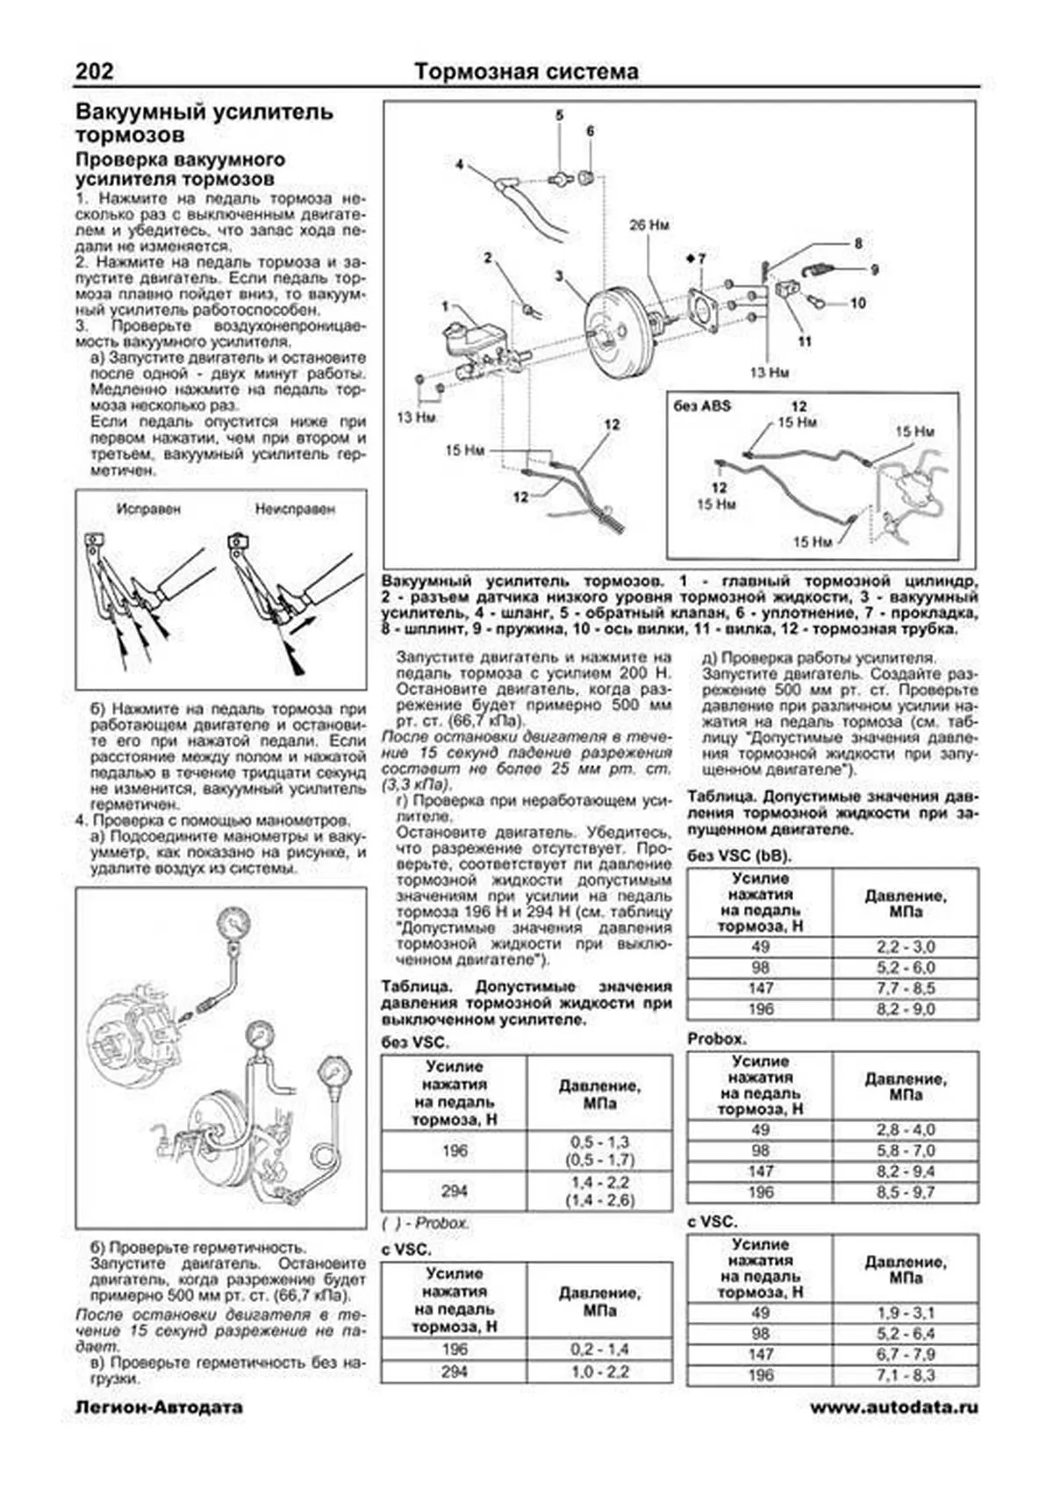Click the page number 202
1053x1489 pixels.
[94, 71]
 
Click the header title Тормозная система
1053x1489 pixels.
[526, 71]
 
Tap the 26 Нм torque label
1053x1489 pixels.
[648, 225]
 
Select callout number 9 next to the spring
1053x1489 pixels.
[874, 270]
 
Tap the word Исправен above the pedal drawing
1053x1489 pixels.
[148, 508]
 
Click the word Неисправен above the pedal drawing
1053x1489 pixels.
[295, 508]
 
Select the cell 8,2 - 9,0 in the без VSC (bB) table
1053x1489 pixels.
[905, 1009]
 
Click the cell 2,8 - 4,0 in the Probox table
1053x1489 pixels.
[905, 1129]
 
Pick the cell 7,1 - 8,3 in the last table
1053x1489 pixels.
[905, 1375]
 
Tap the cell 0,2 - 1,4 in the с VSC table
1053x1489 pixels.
[599, 1349]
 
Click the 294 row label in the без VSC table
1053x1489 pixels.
[454, 1191]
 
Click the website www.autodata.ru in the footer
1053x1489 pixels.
[893, 1407]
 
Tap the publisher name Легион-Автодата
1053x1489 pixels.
[158, 1407]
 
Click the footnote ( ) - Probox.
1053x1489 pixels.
[426, 1222]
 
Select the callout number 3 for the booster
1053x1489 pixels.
[559, 276]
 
